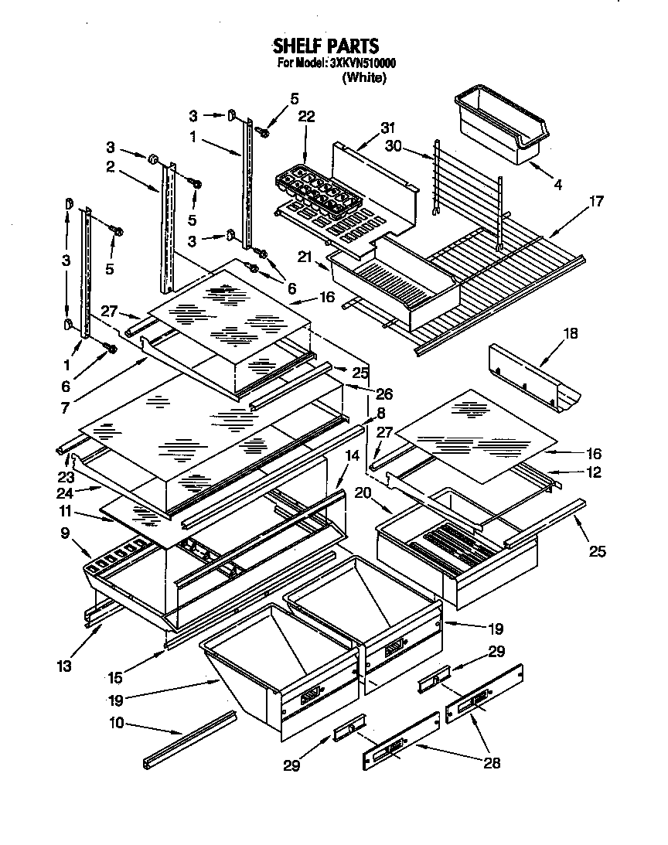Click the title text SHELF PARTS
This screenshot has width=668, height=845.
point(325,46)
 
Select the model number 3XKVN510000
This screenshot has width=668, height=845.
point(357,64)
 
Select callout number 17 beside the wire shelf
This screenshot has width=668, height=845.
point(595,202)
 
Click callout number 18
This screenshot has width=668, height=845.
point(571,334)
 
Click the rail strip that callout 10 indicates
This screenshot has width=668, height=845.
point(189,739)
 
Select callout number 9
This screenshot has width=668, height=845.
point(65,533)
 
